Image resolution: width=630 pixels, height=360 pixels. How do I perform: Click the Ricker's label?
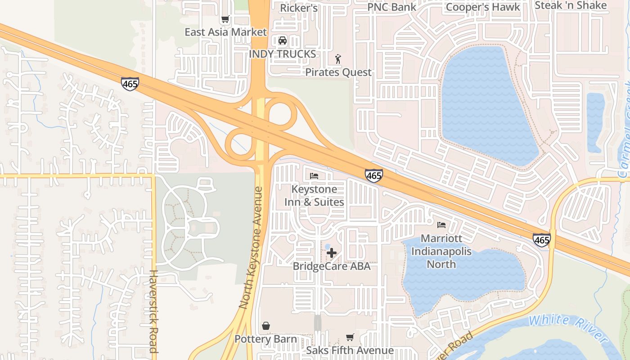(299, 8)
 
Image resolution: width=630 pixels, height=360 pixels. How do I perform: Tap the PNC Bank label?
(391, 7)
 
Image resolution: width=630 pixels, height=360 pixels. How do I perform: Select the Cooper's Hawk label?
(483, 7)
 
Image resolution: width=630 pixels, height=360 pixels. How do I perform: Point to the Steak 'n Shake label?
(571, 5)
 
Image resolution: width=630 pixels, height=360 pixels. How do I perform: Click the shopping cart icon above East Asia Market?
(225, 19)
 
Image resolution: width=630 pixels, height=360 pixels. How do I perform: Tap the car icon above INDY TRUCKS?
(283, 40)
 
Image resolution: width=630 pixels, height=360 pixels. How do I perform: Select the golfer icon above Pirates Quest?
(338, 58)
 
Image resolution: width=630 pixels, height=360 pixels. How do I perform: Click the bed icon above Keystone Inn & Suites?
(314, 175)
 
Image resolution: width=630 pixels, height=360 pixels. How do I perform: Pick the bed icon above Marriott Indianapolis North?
(441, 225)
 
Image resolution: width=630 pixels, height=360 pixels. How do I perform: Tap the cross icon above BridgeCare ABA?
(332, 253)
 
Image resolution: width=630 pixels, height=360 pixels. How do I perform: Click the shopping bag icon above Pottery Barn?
(266, 325)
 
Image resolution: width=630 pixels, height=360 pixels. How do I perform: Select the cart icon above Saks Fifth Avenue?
(350, 337)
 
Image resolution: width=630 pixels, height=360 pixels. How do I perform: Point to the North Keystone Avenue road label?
(251, 247)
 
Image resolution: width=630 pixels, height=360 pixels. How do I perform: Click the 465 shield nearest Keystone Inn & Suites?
(374, 175)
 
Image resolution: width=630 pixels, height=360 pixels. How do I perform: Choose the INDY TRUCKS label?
(283, 54)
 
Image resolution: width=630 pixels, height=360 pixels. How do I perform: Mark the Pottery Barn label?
(266, 339)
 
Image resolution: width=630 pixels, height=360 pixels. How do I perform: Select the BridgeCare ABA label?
(332, 266)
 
